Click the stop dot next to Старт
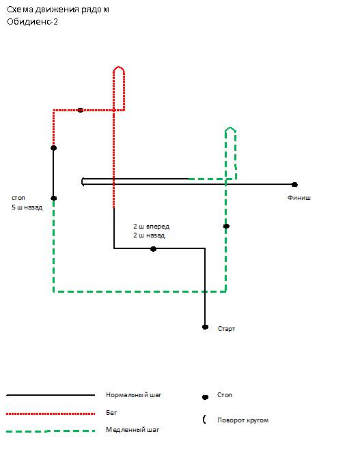coord(205,327)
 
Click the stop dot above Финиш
coord(294,185)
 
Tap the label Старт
coord(226,329)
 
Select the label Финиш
coord(299,198)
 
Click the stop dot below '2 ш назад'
coord(153,249)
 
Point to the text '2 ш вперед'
coord(151,227)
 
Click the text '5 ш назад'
coord(27,207)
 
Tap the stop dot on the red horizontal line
coord(81,110)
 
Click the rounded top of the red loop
coord(119,68)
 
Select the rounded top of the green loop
coord(230,129)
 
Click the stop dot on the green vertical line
coord(226,227)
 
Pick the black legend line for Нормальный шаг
coord(51,395)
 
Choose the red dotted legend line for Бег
coord(51,414)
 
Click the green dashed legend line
coord(51,431)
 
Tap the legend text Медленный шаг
coord(133,430)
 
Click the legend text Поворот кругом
coord(243,420)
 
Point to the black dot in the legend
coord(205,397)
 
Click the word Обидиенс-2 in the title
coord(32,22)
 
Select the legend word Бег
coord(111,413)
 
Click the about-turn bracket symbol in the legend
coord(204,420)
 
